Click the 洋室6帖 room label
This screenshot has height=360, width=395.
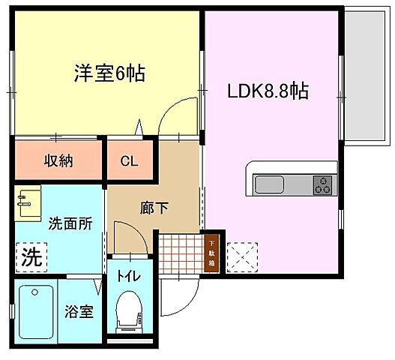point(109,73)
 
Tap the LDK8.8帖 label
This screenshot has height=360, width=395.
point(268,91)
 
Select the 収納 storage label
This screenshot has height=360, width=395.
point(58,160)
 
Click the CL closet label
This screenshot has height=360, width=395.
point(129,161)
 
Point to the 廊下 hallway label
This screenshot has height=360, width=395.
point(154,208)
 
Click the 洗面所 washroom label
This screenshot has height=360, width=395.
point(70,223)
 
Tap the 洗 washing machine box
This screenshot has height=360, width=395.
point(31,257)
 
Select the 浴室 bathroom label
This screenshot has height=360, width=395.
point(79,311)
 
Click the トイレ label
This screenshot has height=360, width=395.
point(128,277)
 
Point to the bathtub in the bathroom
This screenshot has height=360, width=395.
point(36,312)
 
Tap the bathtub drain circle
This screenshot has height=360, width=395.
point(34,292)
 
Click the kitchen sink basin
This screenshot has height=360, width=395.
point(270,185)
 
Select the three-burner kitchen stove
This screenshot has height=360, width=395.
point(322,185)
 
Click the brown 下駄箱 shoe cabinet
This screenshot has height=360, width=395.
point(211,253)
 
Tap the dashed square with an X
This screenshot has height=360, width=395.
point(242,257)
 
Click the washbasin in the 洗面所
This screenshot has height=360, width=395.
point(28,203)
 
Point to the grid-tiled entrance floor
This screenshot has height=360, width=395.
point(181,253)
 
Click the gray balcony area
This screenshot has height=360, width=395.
point(364,76)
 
